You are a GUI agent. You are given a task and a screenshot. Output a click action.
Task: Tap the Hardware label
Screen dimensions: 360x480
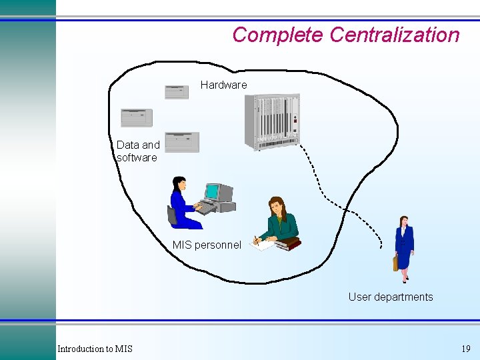(x=223, y=85)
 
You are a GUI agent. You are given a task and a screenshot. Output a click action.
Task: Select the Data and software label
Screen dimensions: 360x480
(x=137, y=151)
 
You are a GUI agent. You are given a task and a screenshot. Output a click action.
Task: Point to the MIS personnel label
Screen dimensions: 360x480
(x=207, y=245)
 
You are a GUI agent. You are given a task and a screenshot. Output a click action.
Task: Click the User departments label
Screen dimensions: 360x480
(x=390, y=297)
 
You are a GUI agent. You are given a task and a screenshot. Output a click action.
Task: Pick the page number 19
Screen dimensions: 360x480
(x=465, y=349)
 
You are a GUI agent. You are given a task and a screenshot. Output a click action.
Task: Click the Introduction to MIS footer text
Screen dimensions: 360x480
(x=95, y=349)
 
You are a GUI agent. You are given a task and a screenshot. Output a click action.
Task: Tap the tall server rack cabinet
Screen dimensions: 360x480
(x=272, y=121)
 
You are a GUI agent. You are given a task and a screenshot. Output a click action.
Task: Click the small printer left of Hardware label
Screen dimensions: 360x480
(x=177, y=92)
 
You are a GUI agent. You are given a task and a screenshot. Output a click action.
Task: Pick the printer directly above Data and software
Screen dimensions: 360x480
(x=137, y=118)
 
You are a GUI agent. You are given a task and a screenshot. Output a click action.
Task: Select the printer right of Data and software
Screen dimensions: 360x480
(x=182, y=142)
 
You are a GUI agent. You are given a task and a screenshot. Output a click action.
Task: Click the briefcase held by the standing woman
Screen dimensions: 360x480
(x=395, y=263)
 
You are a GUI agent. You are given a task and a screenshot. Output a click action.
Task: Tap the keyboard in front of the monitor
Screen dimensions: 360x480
(x=206, y=209)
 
